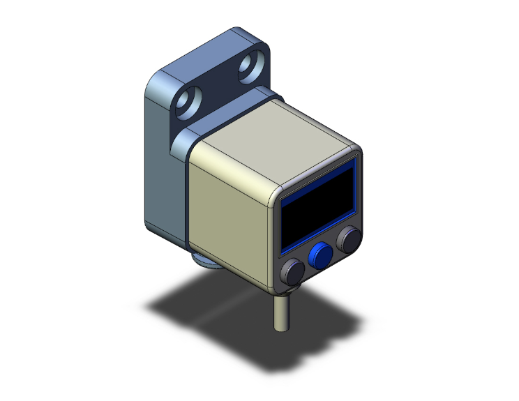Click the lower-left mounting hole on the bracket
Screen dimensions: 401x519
pos(187,104)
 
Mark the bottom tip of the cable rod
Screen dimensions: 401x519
pos(280,328)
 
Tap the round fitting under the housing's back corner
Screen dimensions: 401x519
pos(204,261)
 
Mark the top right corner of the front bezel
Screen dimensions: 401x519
pos(357,151)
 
